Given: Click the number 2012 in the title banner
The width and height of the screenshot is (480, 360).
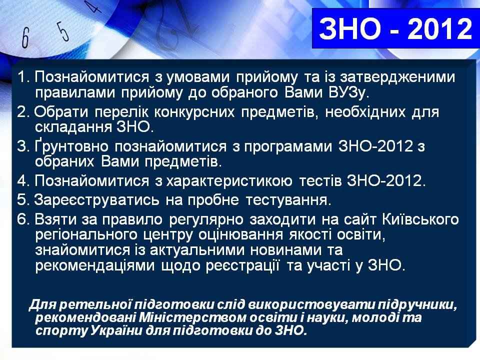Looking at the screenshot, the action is [440, 28].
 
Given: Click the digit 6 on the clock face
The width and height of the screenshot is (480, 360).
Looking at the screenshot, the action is [25, 37].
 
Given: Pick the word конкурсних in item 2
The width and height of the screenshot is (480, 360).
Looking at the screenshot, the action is [194, 112].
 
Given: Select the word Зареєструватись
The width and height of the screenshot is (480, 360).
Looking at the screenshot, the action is [96, 200].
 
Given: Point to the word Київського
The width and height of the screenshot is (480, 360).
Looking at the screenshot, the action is [420, 219].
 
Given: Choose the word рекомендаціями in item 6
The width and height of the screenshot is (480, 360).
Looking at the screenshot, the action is [95, 265].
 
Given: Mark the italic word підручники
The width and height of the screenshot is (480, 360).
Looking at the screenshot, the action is [416, 305].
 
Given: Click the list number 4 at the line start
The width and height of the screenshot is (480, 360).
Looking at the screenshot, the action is [23, 180].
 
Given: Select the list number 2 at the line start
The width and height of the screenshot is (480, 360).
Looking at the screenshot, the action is [23, 112].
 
